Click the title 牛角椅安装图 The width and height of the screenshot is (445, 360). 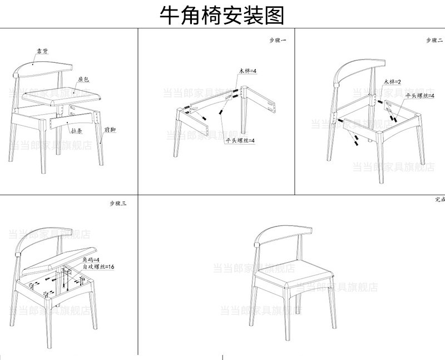(222, 15)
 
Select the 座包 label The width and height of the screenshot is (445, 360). (84, 79)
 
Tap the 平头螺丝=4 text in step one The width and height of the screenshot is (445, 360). (240, 141)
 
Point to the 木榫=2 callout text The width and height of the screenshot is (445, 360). (391, 82)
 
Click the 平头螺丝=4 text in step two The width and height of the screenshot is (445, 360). (418, 96)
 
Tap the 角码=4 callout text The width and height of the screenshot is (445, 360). (91, 260)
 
